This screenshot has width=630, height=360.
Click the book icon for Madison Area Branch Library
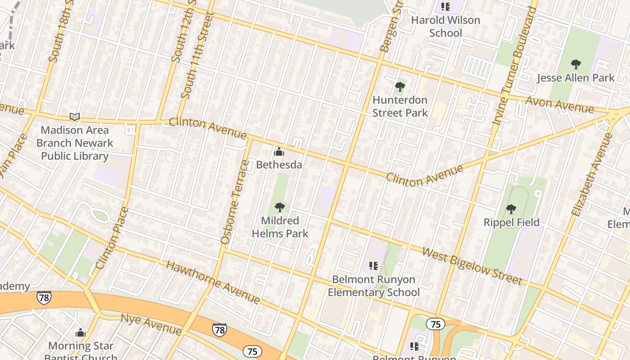point(75,117)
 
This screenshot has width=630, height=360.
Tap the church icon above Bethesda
point(279,152)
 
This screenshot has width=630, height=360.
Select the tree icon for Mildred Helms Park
point(279,207)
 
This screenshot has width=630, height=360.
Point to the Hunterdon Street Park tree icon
point(400,87)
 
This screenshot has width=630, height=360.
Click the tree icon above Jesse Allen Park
point(575,64)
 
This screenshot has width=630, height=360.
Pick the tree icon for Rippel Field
point(511,209)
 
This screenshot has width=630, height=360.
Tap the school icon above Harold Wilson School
point(445,7)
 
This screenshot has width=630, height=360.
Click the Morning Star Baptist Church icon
point(81,333)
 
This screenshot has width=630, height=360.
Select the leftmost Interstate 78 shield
point(44,297)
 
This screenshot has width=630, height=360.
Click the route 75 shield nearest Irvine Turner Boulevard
point(435,324)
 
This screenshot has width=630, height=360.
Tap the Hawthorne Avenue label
point(213,282)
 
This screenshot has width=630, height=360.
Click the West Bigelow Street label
point(472,265)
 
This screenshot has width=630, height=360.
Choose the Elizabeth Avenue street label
point(591,175)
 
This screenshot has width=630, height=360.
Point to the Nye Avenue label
point(151,325)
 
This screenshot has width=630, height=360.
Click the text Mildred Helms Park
point(280,227)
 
